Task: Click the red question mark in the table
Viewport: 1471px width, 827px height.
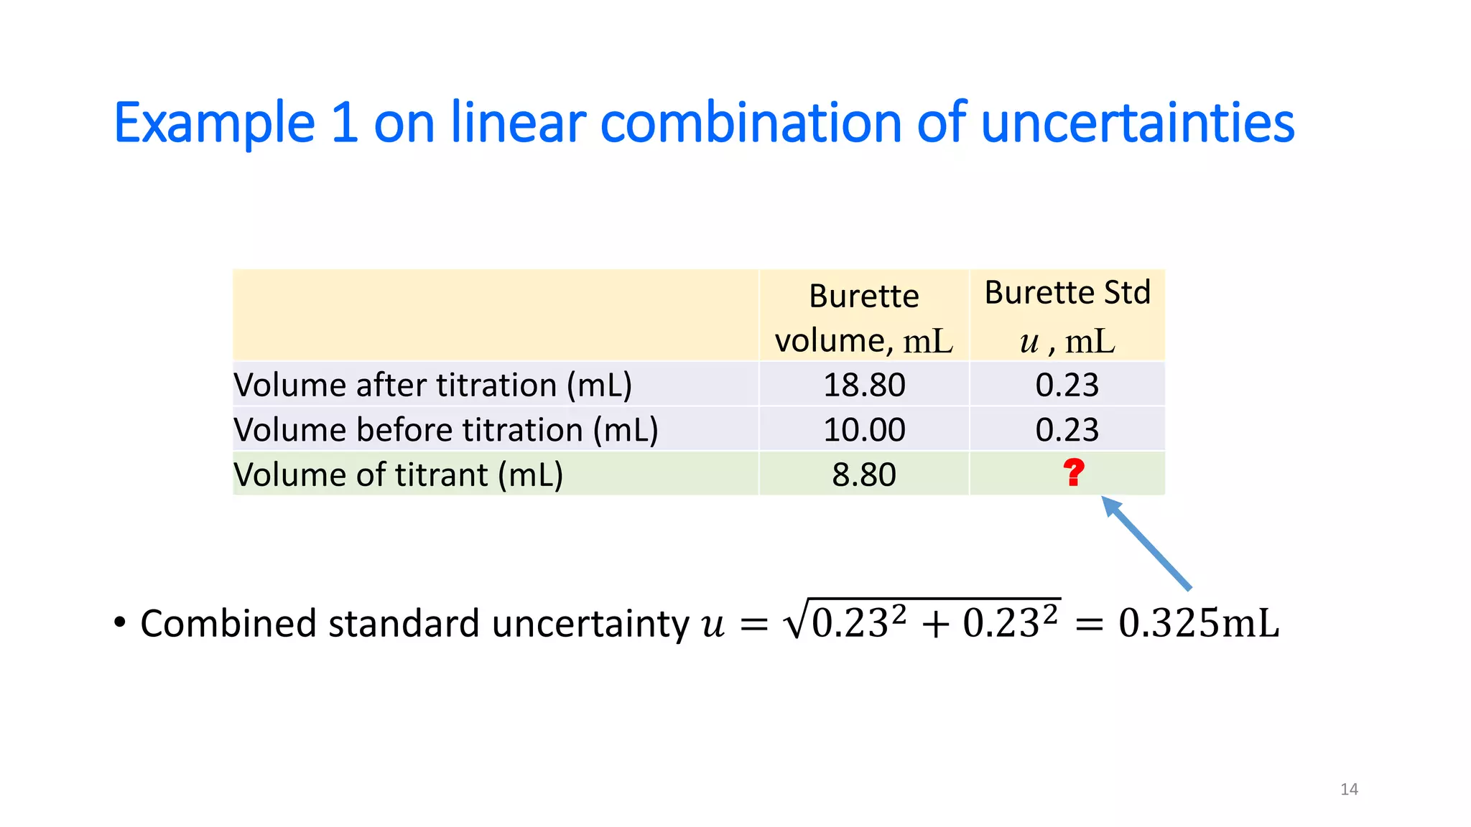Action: tap(1073, 473)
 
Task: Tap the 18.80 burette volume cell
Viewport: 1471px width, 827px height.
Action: tap(864, 385)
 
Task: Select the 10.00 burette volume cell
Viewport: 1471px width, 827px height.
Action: tap(864, 429)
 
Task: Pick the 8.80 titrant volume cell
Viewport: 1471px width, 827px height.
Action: tap(864, 475)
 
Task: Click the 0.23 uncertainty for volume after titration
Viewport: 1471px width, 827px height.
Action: tap(1067, 385)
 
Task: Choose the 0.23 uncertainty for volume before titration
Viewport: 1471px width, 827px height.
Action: tap(1067, 429)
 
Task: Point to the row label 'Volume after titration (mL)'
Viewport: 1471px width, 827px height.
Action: tap(432, 385)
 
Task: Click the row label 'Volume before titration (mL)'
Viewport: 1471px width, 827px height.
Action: tap(445, 429)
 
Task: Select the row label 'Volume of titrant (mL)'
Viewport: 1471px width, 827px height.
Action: tap(398, 475)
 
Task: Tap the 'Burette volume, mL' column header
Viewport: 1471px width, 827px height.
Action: tap(864, 317)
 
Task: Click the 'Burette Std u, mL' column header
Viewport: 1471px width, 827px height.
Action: tap(1067, 316)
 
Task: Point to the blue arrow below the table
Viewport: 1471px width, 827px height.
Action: tap(1146, 543)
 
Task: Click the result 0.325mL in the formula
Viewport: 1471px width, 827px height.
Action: tap(1198, 622)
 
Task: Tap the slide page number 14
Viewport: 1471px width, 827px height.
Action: tap(1349, 789)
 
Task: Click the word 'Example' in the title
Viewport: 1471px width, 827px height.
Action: tap(214, 123)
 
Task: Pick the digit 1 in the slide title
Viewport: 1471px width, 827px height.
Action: tap(345, 123)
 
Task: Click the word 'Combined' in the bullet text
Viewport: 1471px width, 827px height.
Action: tap(228, 622)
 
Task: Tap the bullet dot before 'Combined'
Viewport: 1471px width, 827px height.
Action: tap(120, 622)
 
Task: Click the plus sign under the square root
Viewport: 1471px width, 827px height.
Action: tap(934, 624)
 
